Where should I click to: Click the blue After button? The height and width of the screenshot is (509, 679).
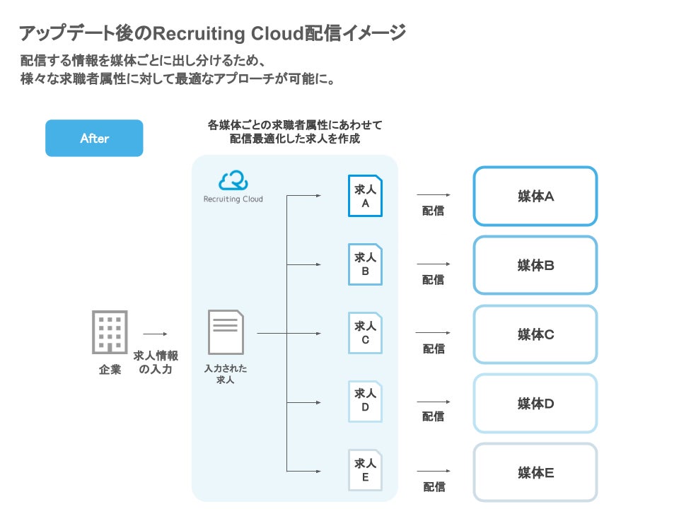94,138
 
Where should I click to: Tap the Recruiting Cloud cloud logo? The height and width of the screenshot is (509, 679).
233,181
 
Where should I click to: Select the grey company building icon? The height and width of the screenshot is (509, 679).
110,332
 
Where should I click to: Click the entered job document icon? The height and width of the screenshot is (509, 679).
226,332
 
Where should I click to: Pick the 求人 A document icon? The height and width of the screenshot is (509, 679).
365,196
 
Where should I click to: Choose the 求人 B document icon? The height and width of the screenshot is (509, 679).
365,264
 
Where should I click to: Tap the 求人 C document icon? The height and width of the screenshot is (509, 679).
365,333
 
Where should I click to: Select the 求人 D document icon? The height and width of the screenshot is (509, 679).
365,402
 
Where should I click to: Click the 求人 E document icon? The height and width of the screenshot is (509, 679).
365,470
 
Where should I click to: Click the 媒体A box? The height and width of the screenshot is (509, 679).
535,197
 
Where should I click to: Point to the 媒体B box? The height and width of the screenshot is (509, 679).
535,265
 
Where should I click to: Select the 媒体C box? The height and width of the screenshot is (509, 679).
535,334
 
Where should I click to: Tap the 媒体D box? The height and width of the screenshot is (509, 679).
535,403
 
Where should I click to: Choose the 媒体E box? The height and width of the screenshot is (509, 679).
535,472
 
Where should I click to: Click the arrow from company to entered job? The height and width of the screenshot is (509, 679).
156,334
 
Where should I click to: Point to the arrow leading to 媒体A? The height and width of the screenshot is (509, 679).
434,194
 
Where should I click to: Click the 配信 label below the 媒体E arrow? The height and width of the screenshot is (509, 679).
434,486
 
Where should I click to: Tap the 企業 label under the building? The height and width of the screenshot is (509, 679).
110,369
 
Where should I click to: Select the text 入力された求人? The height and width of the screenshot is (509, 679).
226,374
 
